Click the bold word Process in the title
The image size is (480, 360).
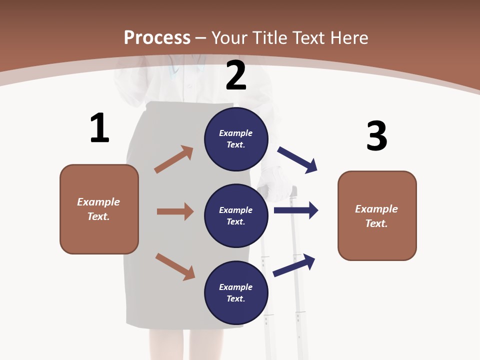click(157, 38)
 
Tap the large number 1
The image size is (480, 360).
click(99, 128)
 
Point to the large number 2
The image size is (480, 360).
click(236, 75)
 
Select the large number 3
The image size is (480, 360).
click(376, 136)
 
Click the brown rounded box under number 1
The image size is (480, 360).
click(99, 209)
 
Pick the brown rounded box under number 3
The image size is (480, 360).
click(377, 216)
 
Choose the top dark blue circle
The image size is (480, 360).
click(236, 139)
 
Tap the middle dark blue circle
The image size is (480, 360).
click(236, 216)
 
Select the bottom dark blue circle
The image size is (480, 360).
click(236, 293)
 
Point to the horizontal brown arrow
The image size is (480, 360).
click(175, 211)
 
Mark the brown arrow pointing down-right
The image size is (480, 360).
click(175, 266)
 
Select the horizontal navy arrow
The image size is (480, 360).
click(296, 210)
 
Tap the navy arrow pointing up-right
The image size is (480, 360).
click(294, 265)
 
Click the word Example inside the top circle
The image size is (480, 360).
click(236, 133)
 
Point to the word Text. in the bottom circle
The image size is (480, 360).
click(236, 299)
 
